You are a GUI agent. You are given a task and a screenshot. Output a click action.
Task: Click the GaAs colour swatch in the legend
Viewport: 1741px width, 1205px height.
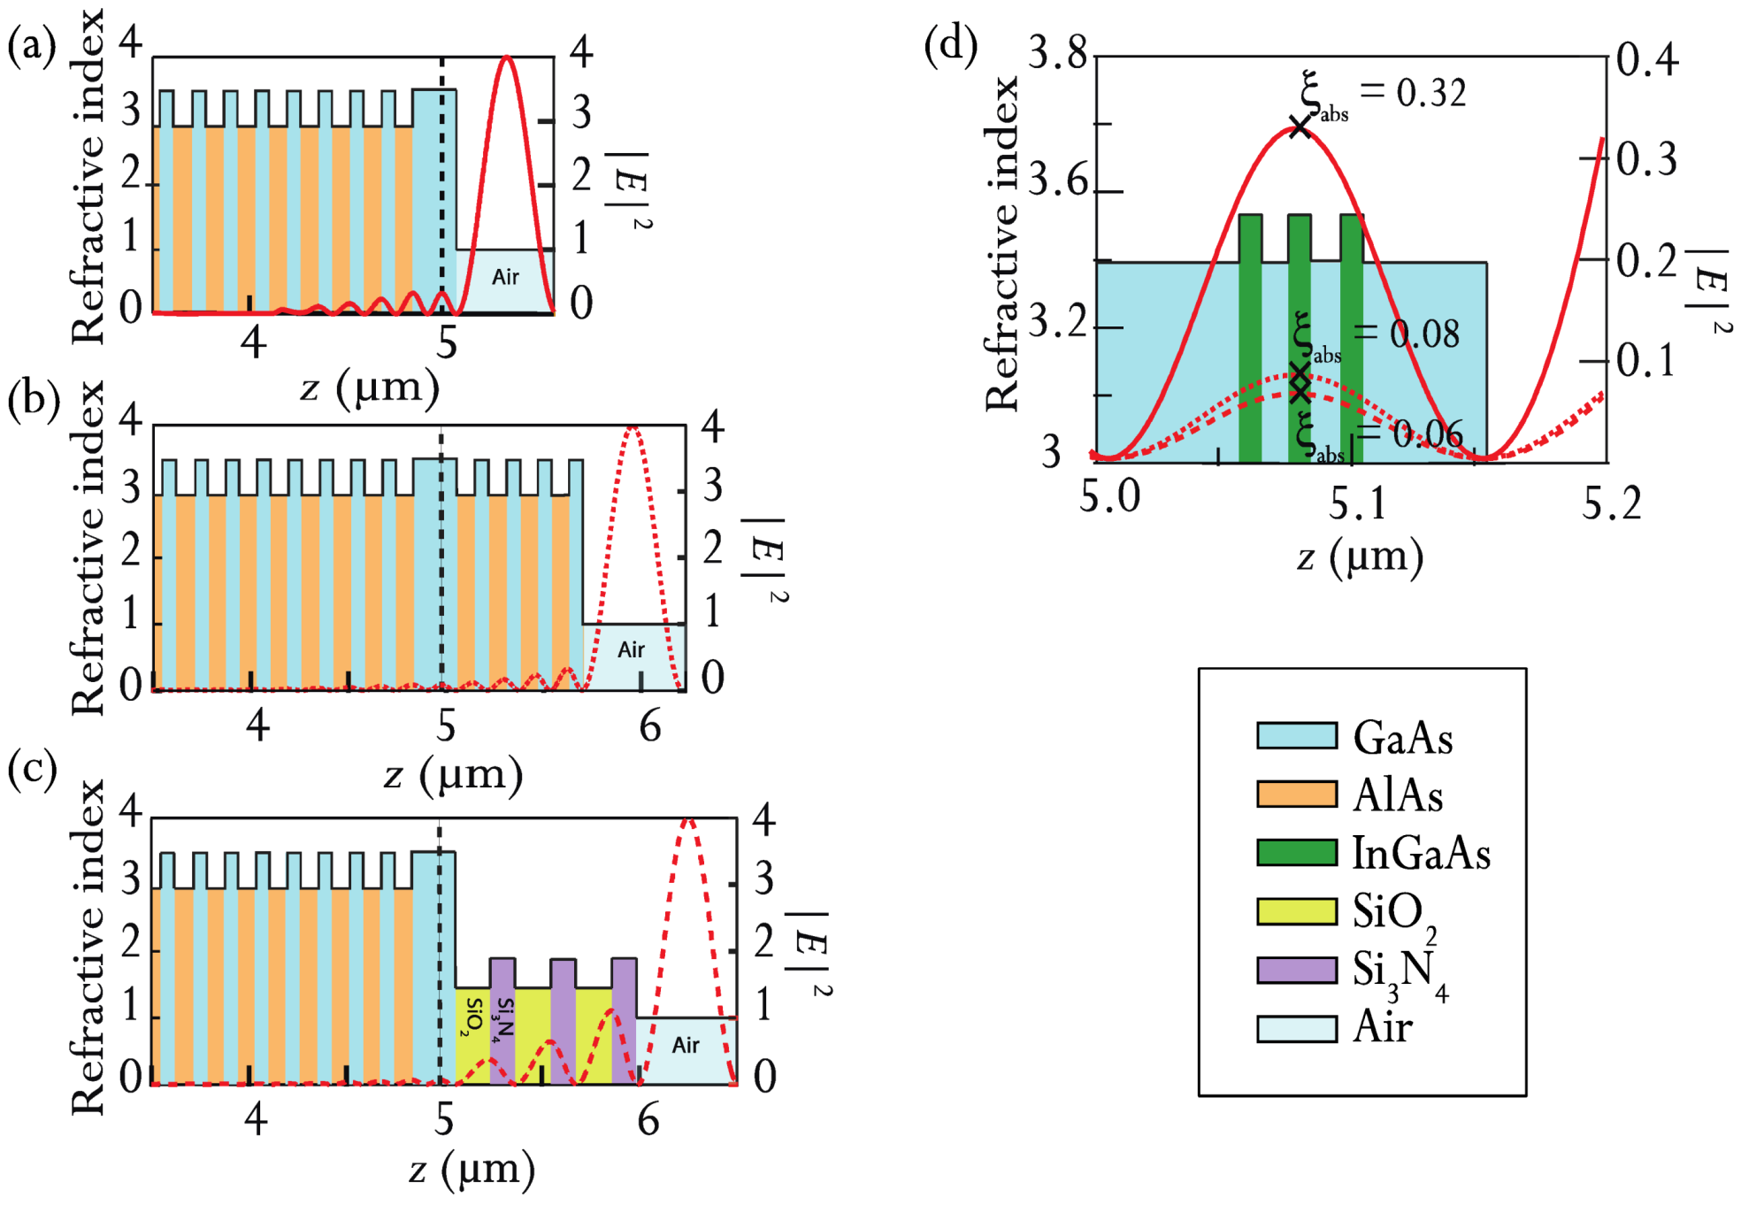(x=1296, y=735)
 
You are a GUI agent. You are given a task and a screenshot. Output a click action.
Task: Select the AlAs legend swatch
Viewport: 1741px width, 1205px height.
(x=1296, y=794)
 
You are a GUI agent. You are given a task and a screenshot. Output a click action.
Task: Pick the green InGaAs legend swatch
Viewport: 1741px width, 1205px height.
(x=1296, y=852)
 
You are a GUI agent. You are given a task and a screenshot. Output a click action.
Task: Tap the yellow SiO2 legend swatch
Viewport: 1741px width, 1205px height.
(x=1296, y=910)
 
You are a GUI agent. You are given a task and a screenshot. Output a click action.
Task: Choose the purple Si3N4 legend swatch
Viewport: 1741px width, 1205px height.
(x=1296, y=970)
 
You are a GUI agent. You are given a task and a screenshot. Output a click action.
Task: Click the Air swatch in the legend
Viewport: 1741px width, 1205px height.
(x=1296, y=1028)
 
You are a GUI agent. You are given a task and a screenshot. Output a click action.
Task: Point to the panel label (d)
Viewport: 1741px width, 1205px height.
(x=950, y=44)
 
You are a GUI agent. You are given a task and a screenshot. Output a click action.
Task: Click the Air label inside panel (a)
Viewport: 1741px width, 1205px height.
(x=505, y=277)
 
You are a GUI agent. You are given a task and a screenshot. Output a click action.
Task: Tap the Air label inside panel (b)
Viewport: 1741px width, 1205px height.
(x=631, y=649)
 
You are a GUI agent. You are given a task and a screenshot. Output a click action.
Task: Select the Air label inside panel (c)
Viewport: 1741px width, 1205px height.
(x=686, y=1045)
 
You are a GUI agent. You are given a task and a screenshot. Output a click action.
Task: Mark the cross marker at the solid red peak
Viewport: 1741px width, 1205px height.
(x=1299, y=127)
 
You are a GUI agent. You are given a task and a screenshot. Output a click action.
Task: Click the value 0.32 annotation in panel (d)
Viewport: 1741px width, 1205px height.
(x=1430, y=93)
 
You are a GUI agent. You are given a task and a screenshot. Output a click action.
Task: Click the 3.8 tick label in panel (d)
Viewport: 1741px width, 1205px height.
(x=1057, y=55)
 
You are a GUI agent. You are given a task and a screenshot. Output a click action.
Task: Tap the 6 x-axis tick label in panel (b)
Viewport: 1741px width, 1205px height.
(x=650, y=726)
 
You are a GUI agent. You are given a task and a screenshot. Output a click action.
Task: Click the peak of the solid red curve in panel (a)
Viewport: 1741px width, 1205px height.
(x=506, y=58)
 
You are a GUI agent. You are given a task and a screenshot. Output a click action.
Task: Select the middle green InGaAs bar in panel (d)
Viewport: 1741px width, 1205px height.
(x=1299, y=336)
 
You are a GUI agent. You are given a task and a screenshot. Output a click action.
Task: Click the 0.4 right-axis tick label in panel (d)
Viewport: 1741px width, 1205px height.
(x=1646, y=60)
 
